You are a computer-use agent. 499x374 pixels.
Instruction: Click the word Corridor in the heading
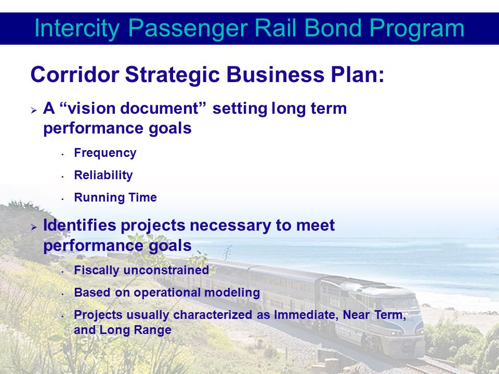(75, 74)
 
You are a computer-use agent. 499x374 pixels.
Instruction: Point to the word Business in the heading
(275, 74)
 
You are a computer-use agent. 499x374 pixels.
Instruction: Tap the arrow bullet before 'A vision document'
(34, 111)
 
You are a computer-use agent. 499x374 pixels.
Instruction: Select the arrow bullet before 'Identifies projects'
(34, 227)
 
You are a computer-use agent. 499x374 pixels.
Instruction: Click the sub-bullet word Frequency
(105, 153)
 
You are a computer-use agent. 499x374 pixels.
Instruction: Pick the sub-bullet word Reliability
(103, 175)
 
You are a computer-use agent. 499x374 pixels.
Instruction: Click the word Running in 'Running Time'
(95, 198)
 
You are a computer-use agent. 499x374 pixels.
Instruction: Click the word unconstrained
(166, 270)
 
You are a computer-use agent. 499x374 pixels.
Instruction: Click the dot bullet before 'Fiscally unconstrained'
(63, 272)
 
